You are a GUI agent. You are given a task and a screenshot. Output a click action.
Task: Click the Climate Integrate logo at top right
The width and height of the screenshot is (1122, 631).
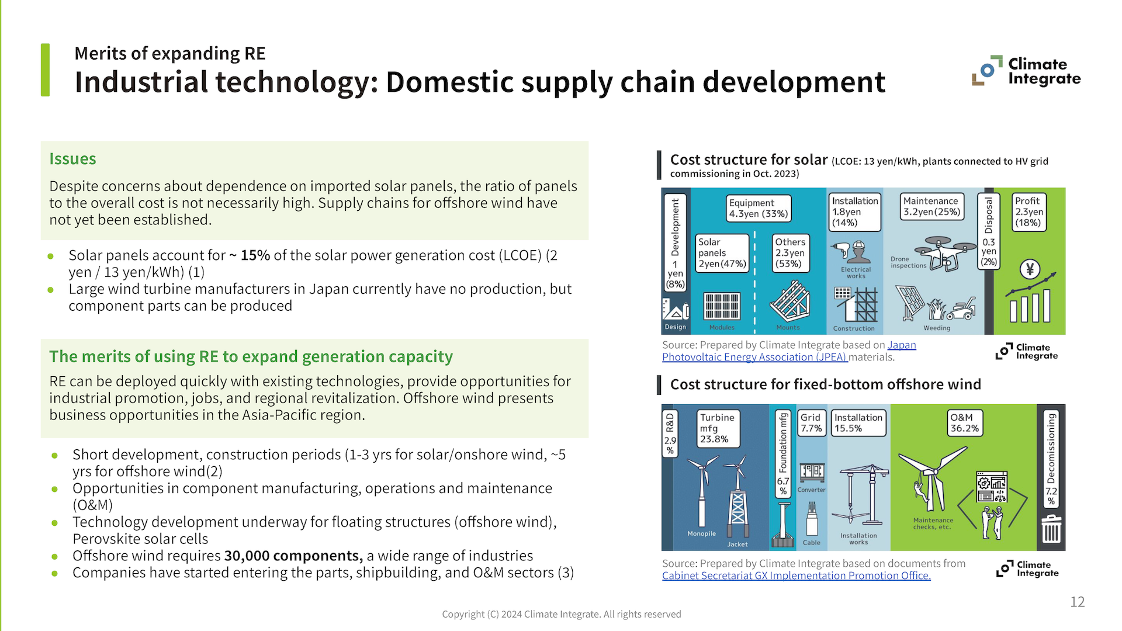tap(1026, 71)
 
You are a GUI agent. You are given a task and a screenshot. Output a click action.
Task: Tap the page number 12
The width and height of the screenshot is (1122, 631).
tap(1077, 602)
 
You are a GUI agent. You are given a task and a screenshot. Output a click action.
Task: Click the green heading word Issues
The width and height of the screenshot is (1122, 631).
tap(72, 159)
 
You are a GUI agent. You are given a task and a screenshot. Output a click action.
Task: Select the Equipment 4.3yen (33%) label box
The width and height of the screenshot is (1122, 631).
tap(759, 208)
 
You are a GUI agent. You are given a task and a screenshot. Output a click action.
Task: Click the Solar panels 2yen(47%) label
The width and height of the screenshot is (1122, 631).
tap(722, 252)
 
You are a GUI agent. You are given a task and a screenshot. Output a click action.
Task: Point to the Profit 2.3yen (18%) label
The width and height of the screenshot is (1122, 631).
tap(1028, 212)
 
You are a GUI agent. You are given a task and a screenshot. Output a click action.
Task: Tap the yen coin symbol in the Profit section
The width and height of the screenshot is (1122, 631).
tap(1030, 269)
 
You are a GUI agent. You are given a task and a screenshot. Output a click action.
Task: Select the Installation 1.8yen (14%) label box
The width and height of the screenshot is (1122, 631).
tap(855, 212)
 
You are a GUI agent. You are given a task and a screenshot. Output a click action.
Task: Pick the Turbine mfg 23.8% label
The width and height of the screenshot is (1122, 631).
tap(718, 428)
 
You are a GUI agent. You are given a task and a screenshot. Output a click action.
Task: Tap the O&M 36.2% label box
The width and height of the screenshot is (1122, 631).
tap(964, 422)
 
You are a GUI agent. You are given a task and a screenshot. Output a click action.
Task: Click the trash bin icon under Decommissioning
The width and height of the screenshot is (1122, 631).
tap(1051, 529)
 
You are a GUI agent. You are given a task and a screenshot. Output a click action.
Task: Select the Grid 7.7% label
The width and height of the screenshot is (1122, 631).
tap(811, 422)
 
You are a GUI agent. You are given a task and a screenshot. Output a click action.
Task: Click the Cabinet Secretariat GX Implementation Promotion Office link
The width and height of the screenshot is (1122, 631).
tap(796, 576)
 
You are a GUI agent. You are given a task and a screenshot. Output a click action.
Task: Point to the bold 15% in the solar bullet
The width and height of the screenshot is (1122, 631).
tap(255, 255)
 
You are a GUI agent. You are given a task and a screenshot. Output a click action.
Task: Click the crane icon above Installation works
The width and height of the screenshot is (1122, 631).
tap(859, 494)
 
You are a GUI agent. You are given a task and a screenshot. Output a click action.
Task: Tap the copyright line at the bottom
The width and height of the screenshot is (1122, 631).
tap(561, 614)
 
